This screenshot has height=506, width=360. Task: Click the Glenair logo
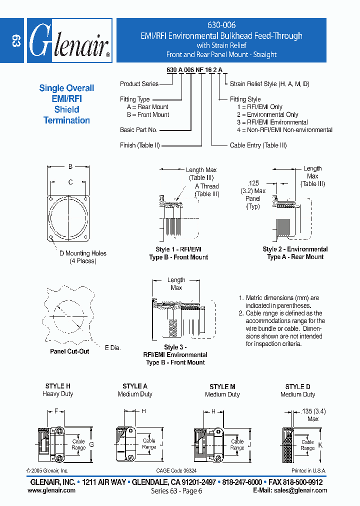(x=69, y=40)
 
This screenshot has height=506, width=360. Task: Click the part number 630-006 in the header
(x=221, y=25)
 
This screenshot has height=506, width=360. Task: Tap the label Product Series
(x=139, y=84)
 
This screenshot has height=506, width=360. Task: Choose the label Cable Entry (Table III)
(x=258, y=145)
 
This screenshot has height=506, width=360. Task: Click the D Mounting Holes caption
(x=83, y=253)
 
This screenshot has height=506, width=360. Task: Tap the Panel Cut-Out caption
(x=69, y=351)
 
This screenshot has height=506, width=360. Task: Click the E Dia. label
(x=112, y=347)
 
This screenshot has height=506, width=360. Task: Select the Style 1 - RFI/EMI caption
(x=178, y=249)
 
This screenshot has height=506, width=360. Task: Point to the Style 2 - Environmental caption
(x=295, y=249)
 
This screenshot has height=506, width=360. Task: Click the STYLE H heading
(x=57, y=386)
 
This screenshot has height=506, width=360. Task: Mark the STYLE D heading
(x=297, y=386)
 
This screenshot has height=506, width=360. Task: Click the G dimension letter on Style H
(x=91, y=444)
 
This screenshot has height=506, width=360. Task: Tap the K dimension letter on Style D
(x=320, y=444)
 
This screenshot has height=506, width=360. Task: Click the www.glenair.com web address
(x=51, y=490)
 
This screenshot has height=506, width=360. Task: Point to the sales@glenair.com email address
(x=300, y=490)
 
